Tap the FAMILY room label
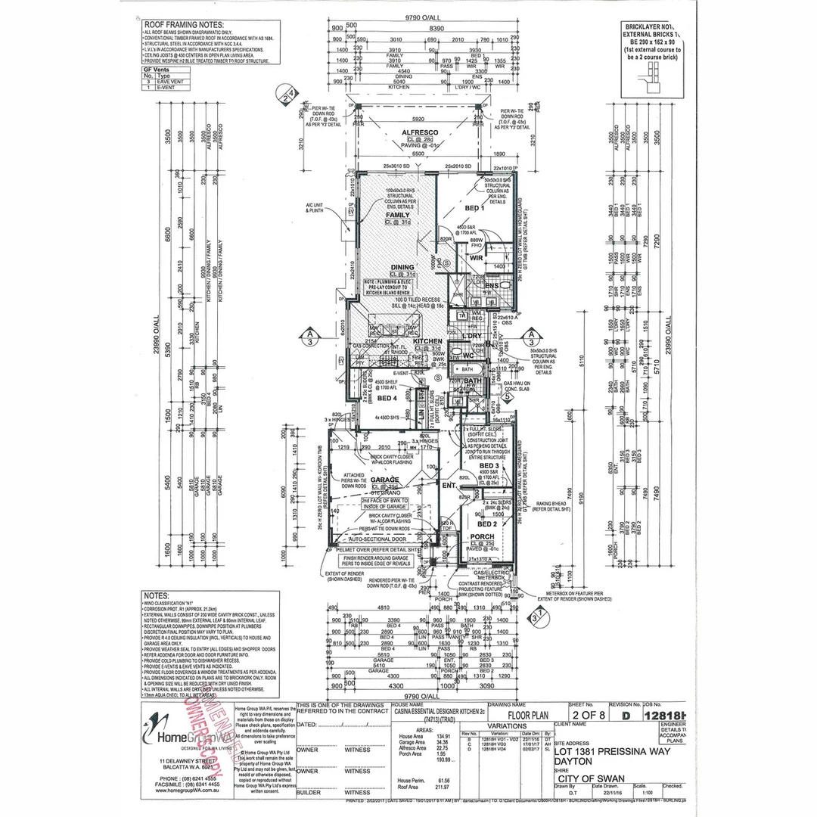398,216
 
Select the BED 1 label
474,207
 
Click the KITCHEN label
428,341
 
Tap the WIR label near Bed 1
476,257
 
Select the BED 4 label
387,398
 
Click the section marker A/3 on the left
309,336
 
